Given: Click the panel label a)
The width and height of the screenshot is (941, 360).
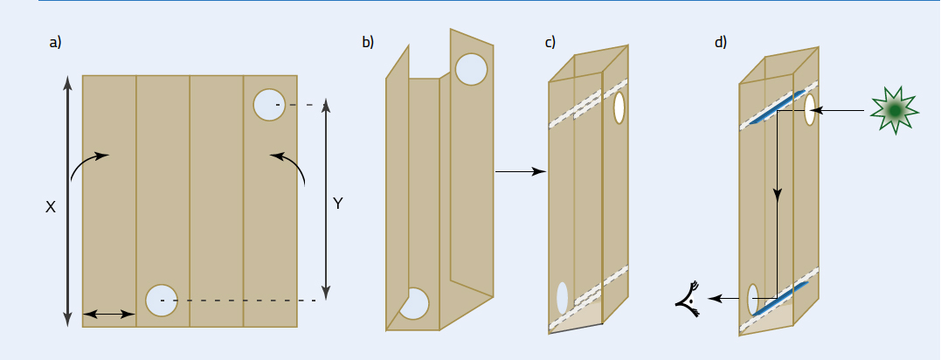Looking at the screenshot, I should pos(56,42).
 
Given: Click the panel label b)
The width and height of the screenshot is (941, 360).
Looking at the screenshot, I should pos(368,42).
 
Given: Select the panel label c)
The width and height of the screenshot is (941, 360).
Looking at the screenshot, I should pos(550,42).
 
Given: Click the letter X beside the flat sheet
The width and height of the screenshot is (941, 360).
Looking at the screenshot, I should pos(51,207).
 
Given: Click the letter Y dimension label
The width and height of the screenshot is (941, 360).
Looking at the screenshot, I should pos(338,204).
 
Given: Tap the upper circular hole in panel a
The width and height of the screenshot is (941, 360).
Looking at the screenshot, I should pos(269,104).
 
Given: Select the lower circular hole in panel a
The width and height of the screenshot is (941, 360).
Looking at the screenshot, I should pos(162,301).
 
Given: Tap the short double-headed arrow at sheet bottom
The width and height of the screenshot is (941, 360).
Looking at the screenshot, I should pos(108,313).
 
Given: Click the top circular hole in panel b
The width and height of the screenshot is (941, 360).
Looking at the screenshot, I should pos(471,69).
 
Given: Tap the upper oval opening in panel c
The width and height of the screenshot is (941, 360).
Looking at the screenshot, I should pos(619,107).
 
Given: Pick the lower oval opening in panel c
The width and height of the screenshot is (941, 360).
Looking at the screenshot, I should pos(563,298).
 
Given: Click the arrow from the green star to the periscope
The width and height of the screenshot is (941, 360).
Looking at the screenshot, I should pos(843,110).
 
